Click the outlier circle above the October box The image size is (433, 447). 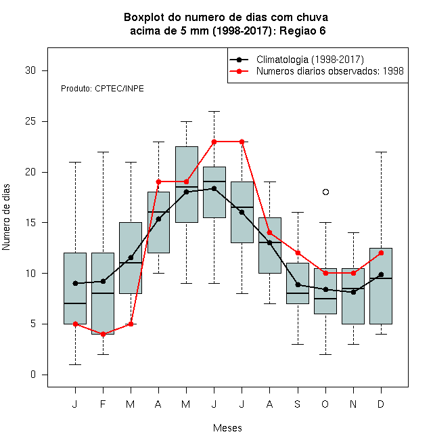[x=325, y=192]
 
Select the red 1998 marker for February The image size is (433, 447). [x=103, y=334]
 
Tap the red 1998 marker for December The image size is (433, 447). [x=381, y=253]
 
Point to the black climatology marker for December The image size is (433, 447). [x=381, y=274]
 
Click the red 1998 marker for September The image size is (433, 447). [x=298, y=253]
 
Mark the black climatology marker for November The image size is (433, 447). [x=354, y=292]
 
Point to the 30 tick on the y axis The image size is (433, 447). [x=45, y=70]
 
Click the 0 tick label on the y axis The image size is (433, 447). [x=33, y=375]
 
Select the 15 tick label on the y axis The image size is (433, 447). [x=30, y=223]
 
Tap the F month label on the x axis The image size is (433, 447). [x=103, y=404]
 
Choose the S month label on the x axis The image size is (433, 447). [x=298, y=404]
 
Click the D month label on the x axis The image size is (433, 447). [x=381, y=404]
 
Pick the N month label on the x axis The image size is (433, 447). [x=353, y=404]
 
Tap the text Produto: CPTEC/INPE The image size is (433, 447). [x=102, y=89]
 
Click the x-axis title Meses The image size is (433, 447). [x=227, y=428]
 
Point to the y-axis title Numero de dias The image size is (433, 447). [x=6, y=217]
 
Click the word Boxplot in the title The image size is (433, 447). [x=144, y=18]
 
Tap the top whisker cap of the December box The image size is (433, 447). [x=381, y=152]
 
